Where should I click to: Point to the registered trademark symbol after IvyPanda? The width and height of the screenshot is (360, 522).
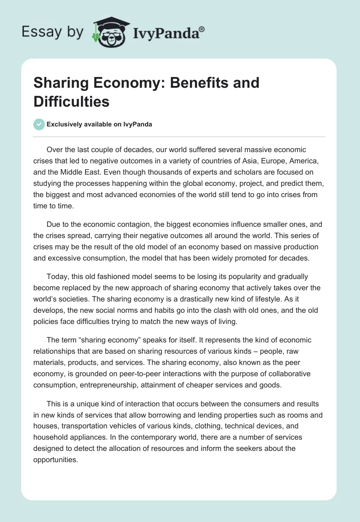pos(202,29)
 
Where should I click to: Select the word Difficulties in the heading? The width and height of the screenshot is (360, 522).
pos(72,102)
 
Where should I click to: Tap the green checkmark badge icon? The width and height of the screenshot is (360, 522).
pos(39,125)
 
